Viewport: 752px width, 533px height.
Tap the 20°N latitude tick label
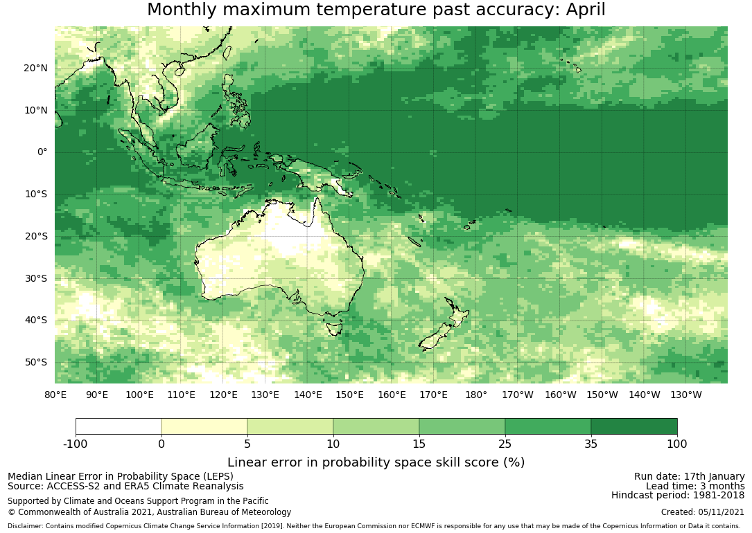click(35, 68)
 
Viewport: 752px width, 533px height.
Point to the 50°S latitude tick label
click(36, 362)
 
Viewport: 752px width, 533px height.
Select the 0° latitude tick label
click(42, 152)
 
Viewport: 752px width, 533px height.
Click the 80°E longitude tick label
click(55, 395)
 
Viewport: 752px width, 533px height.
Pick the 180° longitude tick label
click(476, 395)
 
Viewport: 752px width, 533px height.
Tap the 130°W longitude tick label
click(686, 395)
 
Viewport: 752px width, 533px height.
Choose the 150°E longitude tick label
click(350, 395)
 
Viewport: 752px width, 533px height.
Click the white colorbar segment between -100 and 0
click(119, 426)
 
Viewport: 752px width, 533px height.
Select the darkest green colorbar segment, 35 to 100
click(633, 426)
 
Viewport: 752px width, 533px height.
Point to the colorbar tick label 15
click(419, 444)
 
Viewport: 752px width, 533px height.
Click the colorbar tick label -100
click(76, 444)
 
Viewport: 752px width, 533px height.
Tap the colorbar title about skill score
click(376, 462)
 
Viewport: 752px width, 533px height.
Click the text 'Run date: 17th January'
click(689, 476)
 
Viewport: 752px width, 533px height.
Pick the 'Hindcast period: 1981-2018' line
click(678, 495)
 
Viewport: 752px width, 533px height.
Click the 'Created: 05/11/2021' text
click(703, 512)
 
